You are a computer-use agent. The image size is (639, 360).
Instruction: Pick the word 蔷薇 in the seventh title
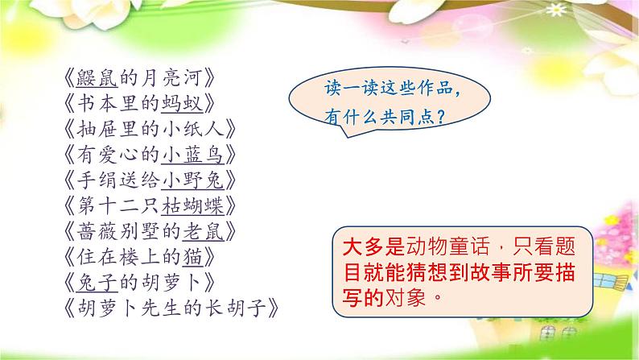[97, 231]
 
